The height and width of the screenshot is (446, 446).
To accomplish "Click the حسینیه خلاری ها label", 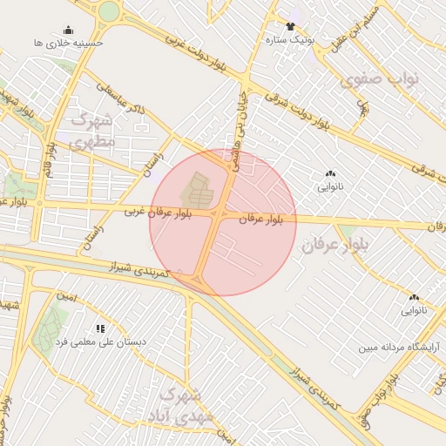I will [69, 42].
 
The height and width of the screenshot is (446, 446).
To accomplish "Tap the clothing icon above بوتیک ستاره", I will [290, 26].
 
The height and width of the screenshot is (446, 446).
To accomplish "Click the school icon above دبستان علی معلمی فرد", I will [101, 328].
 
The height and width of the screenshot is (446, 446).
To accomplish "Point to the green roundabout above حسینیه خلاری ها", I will [109, 11].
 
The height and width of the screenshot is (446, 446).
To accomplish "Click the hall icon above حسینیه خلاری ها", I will [69, 30].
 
